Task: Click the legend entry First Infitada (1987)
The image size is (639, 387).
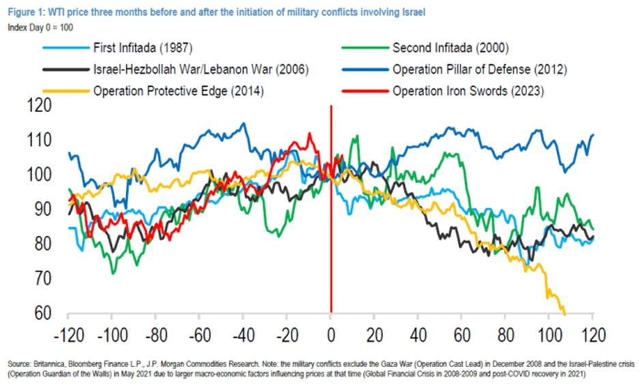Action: coord(141,48)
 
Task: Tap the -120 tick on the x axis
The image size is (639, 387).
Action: coord(68,337)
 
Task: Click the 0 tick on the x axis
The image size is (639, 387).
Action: coord(331,337)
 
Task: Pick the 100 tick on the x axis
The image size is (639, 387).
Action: coord(549,337)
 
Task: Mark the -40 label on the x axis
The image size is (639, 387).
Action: coord(243,337)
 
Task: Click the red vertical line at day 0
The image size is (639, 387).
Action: coord(331,260)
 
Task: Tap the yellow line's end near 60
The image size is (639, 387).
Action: coord(565,314)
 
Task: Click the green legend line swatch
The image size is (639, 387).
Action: coord(363,48)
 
